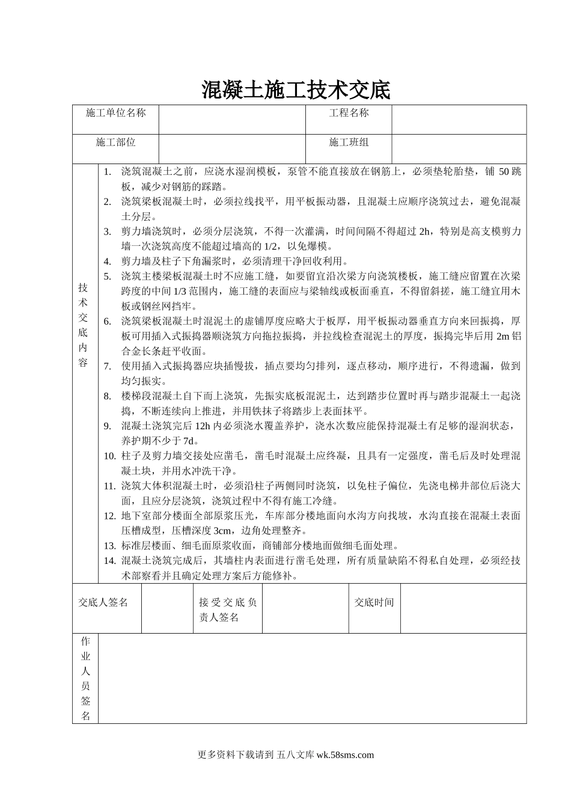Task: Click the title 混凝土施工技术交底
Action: tap(295, 90)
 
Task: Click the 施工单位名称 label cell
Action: tap(115, 113)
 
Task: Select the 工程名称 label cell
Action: tap(349, 113)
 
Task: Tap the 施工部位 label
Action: tap(115, 142)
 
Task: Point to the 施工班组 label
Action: tap(349, 142)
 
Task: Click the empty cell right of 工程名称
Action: tap(459, 119)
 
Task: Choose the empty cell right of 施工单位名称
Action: tap(232, 119)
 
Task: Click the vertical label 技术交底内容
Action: tap(84, 325)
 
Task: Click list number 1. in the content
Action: tap(108, 172)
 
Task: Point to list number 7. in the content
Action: tap(108, 366)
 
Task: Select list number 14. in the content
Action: tap(109, 561)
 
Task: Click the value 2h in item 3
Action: tap(425, 231)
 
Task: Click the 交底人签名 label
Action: tap(103, 602)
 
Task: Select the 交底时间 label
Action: tap(374, 602)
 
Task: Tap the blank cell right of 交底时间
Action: tap(463, 608)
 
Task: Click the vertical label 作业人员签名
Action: tap(85, 678)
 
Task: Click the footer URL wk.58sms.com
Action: tap(344, 755)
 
